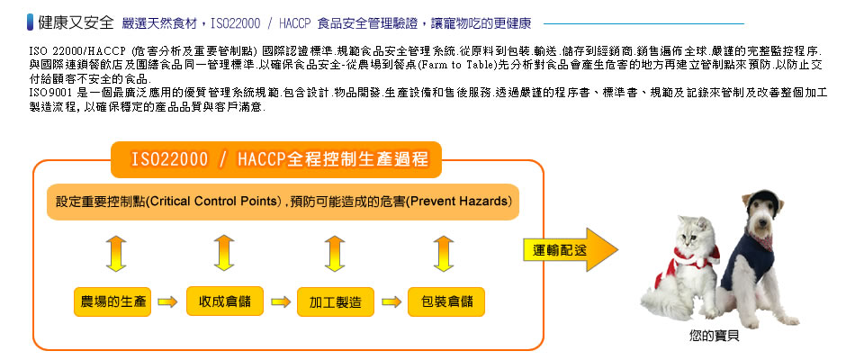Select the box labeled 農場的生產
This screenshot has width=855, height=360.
tap(112, 301)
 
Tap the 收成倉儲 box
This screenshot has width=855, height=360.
tap(224, 301)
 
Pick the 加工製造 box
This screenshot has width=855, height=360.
tap(335, 302)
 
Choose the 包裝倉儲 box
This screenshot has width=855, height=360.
tap(445, 301)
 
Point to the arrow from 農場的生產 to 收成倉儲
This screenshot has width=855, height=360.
tap(168, 302)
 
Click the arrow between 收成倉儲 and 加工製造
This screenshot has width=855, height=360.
tap(279, 302)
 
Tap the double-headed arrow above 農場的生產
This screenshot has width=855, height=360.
tap(114, 253)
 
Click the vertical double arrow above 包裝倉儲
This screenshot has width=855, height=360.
tap(443, 253)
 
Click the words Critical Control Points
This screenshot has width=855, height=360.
tap(212, 200)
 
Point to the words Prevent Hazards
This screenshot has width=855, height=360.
tap(462, 200)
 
